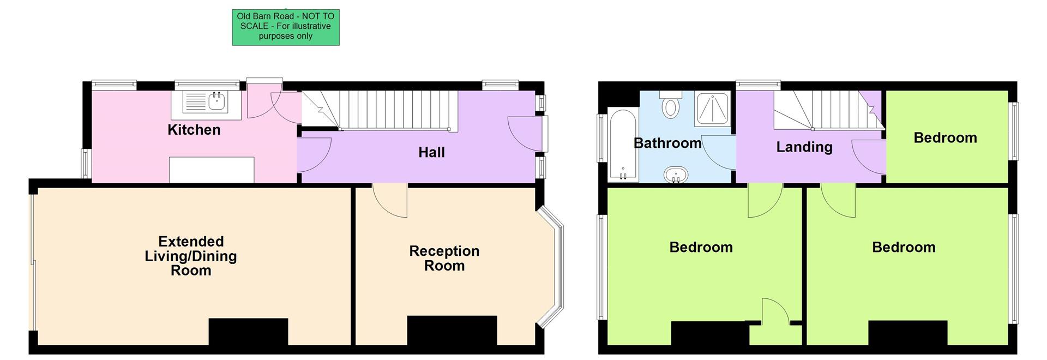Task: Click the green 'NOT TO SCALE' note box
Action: coord(286,27)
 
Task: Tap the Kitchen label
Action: coord(194,130)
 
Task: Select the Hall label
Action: coord(431,152)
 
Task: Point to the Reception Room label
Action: coord(444,258)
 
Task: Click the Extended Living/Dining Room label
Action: coord(191,256)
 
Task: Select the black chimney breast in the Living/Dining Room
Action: coord(248,331)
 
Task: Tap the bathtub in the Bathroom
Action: coord(622,144)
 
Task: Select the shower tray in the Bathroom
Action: coord(712,109)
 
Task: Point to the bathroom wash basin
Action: coord(676,175)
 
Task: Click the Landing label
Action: coord(804,147)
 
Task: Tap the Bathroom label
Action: coord(667,143)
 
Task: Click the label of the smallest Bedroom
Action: coord(945,137)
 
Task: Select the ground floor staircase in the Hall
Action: coord(393,110)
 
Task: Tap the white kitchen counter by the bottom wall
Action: coord(212,170)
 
